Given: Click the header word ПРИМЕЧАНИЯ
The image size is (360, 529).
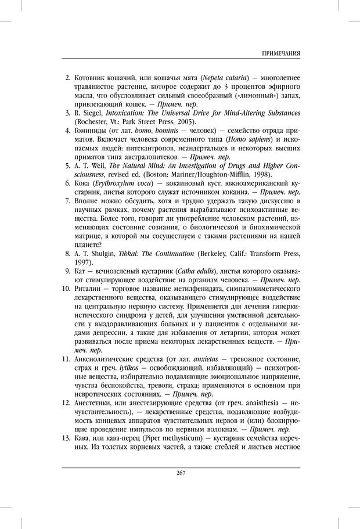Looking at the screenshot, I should [x=280, y=53].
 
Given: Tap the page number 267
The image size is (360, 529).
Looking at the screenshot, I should [x=180, y=473].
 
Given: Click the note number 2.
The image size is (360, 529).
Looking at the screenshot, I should [x=67, y=78].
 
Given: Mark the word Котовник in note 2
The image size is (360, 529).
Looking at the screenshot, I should [x=92, y=78].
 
